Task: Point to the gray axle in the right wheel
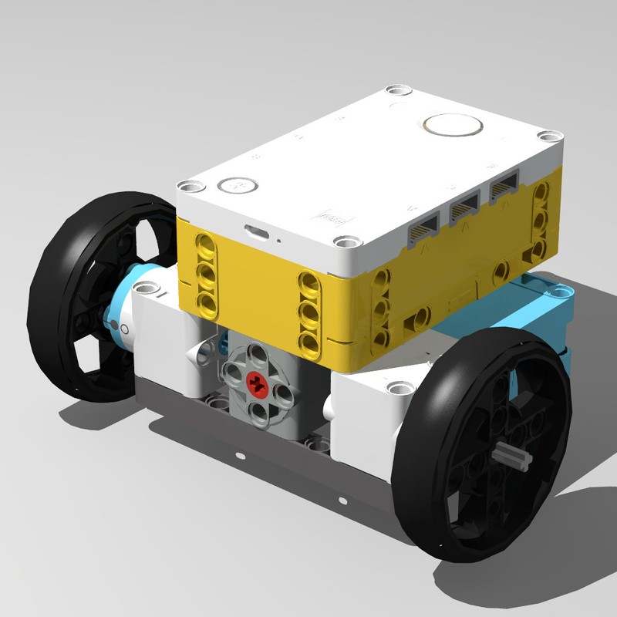tap(514, 458)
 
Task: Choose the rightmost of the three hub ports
tap(504, 185)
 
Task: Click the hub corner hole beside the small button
tap(190, 186)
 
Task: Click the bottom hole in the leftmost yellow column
tap(207, 298)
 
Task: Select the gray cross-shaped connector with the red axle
tap(255, 378)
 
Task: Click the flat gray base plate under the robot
tap(255, 455)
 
